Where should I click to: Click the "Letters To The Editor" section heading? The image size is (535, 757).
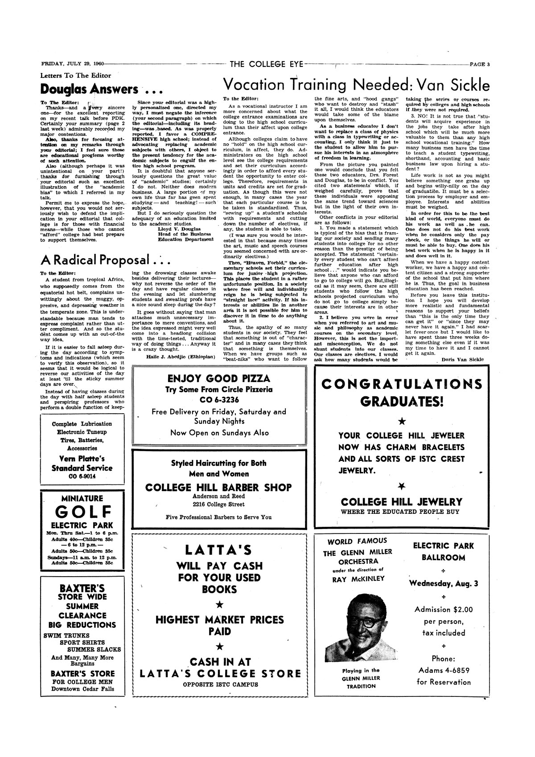point(75,76)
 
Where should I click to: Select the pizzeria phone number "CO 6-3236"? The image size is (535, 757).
point(219,399)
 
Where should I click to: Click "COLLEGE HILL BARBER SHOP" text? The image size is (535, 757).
point(218,487)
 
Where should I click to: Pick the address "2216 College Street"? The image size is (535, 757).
point(218,505)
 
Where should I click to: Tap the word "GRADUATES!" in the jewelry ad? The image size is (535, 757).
point(401,401)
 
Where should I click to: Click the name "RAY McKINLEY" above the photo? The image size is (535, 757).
point(358,579)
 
